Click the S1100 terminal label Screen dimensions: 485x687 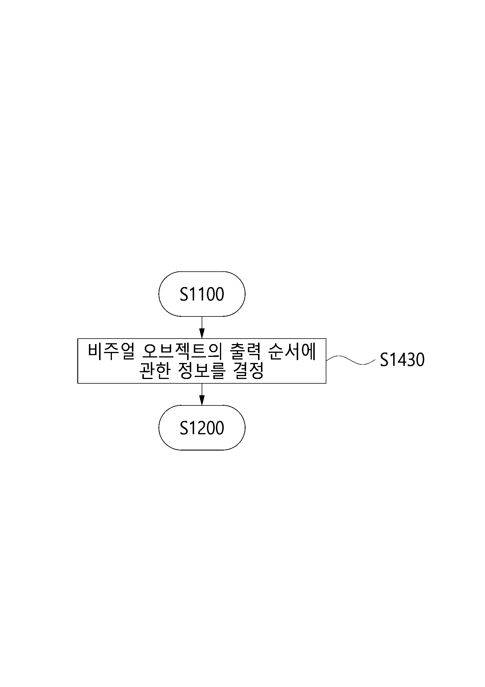point(202,294)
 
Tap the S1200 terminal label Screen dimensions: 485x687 point(202,428)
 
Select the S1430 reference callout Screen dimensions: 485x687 point(402,360)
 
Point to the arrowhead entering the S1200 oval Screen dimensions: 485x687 point(202,400)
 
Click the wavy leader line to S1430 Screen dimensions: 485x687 point(350,360)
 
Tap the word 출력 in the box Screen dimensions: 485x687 point(246,351)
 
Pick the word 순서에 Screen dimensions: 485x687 point(292,351)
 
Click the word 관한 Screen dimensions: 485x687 point(155,371)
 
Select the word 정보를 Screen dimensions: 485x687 point(202,371)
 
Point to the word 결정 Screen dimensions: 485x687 point(248,371)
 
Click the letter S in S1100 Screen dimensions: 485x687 point(184,294)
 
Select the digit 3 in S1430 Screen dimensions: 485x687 point(411,360)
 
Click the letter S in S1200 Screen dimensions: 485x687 point(184,428)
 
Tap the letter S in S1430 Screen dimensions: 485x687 point(384,360)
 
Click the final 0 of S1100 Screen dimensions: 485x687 point(219,294)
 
